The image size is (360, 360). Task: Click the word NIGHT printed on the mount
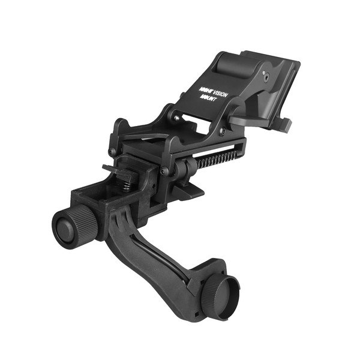(206, 90)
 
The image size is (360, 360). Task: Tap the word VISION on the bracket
(220, 94)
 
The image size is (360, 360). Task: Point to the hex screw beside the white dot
(266, 78)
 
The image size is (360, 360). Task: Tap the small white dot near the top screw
(263, 73)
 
